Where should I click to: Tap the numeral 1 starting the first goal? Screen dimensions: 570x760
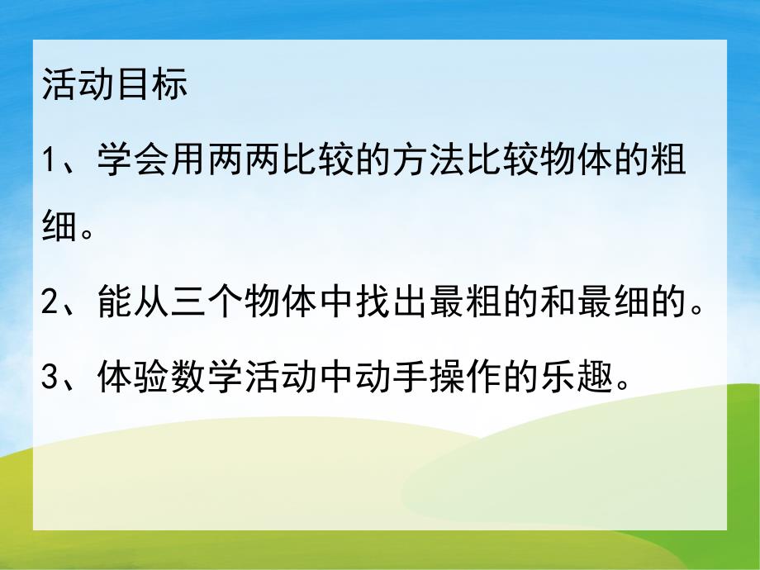pos(49,159)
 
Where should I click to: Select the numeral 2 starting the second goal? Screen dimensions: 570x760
pos(50,306)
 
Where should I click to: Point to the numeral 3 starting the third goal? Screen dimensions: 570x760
pos(50,379)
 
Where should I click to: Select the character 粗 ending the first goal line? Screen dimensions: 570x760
pos(667,159)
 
